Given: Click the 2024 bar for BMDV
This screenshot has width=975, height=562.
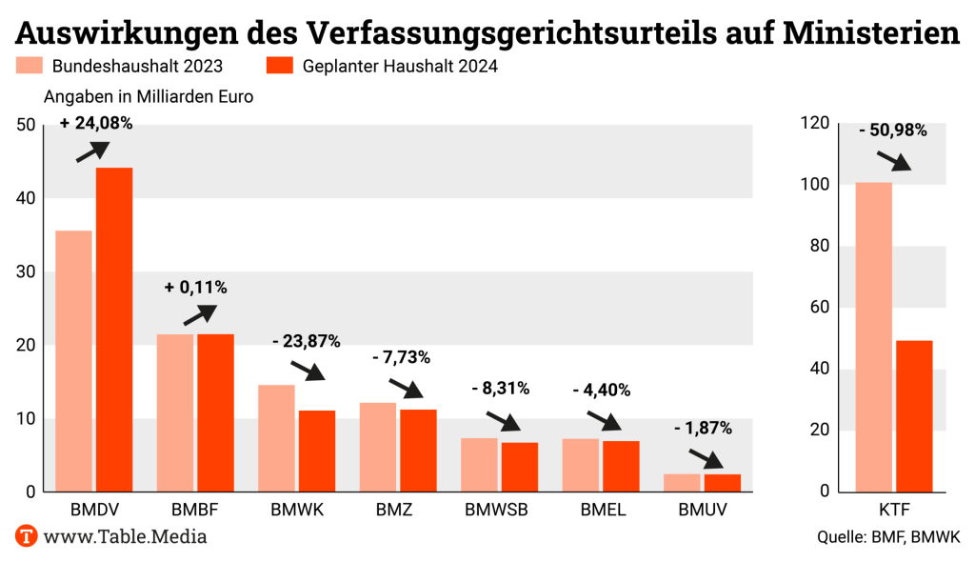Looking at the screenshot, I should (x=114, y=330).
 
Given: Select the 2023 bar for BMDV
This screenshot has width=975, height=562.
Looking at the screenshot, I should (x=73, y=361).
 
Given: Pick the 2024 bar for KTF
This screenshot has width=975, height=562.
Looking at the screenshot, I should (x=914, y=415).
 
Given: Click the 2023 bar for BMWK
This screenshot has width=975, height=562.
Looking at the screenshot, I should (x=276, y=438).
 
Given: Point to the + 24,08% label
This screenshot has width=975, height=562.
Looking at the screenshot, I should (x=95, y=123).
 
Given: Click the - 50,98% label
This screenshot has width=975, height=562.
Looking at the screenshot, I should (x=892, y=130).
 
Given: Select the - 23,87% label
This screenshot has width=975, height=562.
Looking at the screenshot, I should (x=306, y=341).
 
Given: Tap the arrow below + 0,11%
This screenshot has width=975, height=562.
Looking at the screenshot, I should (x=199, y=315).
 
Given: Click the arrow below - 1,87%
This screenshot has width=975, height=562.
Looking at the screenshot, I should (x=706, y=458).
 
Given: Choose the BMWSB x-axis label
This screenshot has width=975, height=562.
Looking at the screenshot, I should (x=496, y=510).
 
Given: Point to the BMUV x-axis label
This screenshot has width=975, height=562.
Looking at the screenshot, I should (x=703, y=510).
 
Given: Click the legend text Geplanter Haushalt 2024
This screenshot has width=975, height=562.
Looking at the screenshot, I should (x=400, y=67).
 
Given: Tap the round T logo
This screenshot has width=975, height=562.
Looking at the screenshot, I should (x=27, y=536).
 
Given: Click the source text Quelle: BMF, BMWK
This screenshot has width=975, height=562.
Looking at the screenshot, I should (x=888, y=537).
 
